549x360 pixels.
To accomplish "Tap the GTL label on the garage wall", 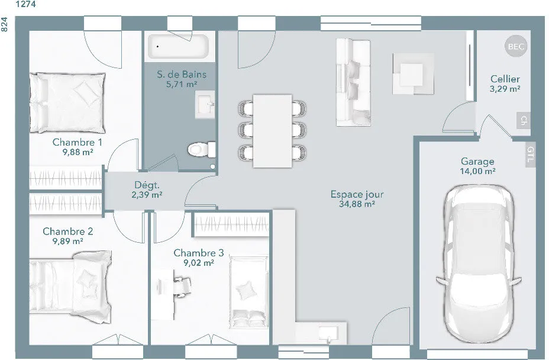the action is pyautogui.click(x=531, y=154).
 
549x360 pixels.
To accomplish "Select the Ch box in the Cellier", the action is pyautogui.click(x=523, y=121).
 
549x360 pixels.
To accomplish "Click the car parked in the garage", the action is pyautogui.click(x=479, y=263).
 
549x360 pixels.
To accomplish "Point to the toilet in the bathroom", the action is pyautogui.click(x=201, y=150).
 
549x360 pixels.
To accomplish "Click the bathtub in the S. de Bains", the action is pyautogui.click(x=178, y=46).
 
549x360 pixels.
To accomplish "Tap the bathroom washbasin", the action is pyautogui.click(x=205, y=104).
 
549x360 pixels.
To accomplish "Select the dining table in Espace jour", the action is pyautogui.click(x=272, y=131).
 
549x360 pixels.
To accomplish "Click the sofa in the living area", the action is pyautogui.click(x=353, y=82).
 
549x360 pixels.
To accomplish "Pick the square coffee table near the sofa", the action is pyautogui.click(x=413, y=74).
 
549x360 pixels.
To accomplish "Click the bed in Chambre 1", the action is pyautogui.click(x=67, y=102).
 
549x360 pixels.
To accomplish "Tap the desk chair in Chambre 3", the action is pyautogui.click(x=182, y=283).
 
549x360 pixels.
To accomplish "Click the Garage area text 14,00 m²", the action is pyautogui.click(x=477, y=171).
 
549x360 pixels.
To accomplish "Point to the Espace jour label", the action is pyautogui.click(x=357, y=194).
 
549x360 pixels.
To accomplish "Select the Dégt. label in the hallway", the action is pyautogui.click(x=147, y=185).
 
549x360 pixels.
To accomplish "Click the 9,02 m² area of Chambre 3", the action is pyautogui.click(x=199, y=263).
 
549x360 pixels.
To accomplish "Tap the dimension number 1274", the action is pyautogui.click(x=25, y=5).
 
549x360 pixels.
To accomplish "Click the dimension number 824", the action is pyautogui.click(x=4, y=24).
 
